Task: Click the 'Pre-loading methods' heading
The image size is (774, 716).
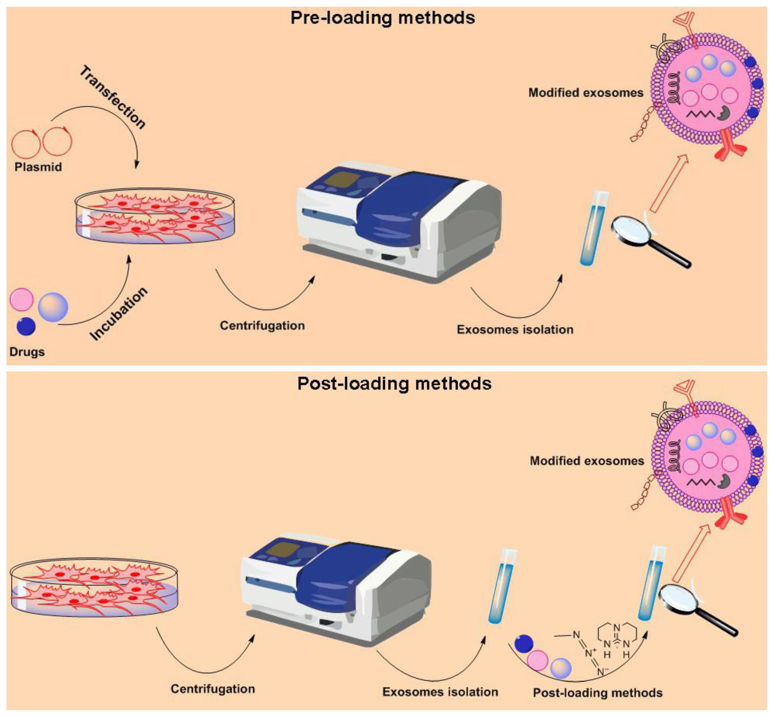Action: click(x=382, y=18)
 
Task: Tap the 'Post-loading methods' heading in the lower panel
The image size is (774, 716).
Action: click(x=394, y=383)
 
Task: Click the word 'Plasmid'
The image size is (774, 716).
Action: click(x=38, y=167)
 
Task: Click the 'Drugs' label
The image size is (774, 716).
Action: click(x=27, y=352)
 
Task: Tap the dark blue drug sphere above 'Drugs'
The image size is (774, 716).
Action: click(x=26, y=326)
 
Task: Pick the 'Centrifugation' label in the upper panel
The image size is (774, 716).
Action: click(x=262, y=326)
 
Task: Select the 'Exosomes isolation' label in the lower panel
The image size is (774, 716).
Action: click(x=440, y=692)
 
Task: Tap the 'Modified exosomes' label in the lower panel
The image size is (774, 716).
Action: click(x=587, y=461)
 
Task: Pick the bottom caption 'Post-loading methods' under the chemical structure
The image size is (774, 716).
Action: click(x=598, y=692)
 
